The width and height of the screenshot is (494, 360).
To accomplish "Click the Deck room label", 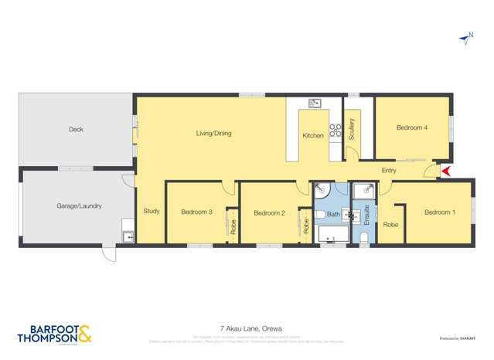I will pyautogui.click(x=75, y=129).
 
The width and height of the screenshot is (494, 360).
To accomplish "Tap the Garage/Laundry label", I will pyautogui.click(x=79, y=206).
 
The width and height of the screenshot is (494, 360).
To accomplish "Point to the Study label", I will pyautogui.click(x=150, y=211).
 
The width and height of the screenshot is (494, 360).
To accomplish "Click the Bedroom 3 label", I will pyautogui.click(x=196, y=212).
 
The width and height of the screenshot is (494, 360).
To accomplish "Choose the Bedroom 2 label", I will pyautogui.click(x=270, y=212).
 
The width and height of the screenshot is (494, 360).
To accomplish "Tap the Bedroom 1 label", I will pyautogui.click(x=439, y=212).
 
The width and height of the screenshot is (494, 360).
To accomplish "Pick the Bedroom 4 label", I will pyautogui.click(x=412, y=127).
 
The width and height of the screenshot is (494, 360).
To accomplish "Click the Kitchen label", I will pyautogui.click(x=313, y=136).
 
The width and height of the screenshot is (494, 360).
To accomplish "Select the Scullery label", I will pyautogui.click(x=352, y=128).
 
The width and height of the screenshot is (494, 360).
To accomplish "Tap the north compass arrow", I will pyautogui.click(x=465, y=36).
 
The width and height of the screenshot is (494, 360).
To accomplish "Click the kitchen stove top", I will pyautogui.click(x=336, y=131).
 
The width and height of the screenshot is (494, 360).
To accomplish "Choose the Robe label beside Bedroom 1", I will pyautogui.click(x=390, y=225).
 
